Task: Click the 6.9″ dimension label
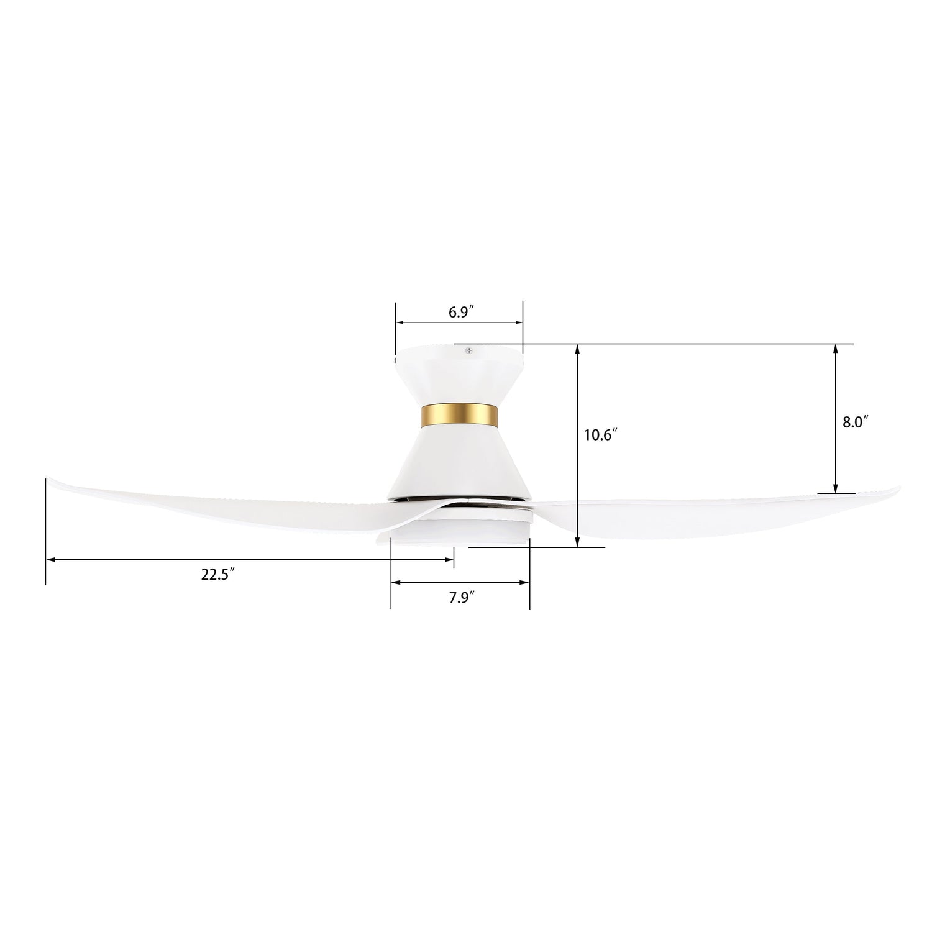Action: (462, 313)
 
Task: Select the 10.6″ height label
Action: (599, 436)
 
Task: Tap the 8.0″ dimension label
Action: (855, 422)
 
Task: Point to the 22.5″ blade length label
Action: (217, 575)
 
